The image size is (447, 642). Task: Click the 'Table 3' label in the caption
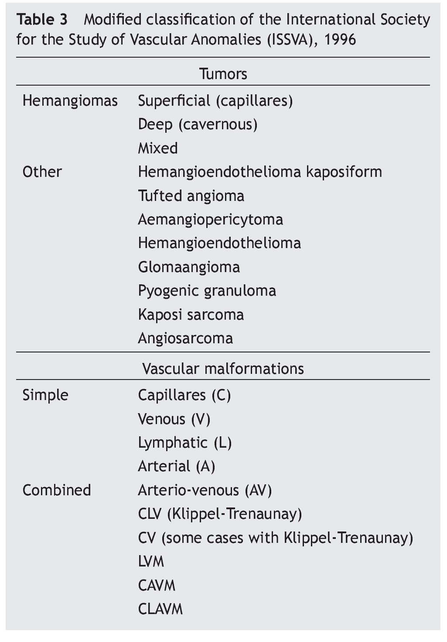[42, 20]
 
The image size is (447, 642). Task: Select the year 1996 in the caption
[340, 40]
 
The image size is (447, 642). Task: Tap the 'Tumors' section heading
[223, 74]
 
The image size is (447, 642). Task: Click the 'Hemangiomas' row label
[70, 101]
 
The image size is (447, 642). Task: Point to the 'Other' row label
[42, 172]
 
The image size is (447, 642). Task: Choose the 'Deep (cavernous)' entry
[198, 124]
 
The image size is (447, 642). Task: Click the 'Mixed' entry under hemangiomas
[158, 148]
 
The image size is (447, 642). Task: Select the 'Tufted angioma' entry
[191, 196]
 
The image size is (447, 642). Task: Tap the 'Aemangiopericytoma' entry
[210, 219]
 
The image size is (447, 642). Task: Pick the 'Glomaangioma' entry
[189, 267]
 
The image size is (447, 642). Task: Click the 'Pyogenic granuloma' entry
[207, 291]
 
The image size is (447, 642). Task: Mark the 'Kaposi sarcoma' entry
[191, 314]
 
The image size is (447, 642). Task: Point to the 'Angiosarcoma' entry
[185, 338]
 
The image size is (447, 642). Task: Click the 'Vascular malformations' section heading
[223, 369]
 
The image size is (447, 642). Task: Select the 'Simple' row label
[45, 395]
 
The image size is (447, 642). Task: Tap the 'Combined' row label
[57, 490]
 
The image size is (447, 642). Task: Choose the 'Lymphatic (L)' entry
[184, 443]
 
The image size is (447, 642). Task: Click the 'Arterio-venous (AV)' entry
[205, 490]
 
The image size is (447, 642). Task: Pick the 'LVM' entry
[151, 561]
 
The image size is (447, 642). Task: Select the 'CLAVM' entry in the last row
[160, 609]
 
